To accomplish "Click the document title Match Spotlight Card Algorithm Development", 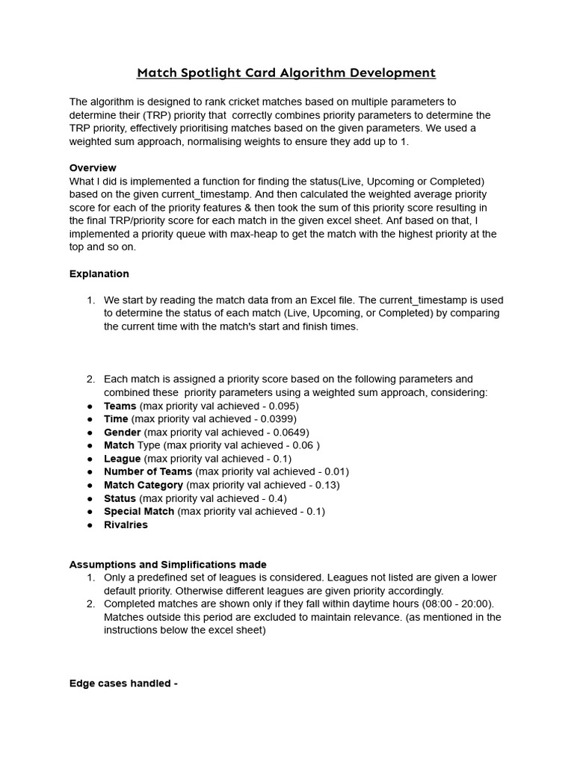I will (286, 72).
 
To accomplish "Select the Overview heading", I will (93, 167).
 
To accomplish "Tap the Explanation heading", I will (99, 273).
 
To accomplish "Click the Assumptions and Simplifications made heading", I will (167, 564).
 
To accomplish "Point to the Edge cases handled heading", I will (123, 683).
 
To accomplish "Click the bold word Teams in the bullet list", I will (120, 406).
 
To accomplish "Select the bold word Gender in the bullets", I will (122, 432).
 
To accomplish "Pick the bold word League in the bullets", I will (122, 458).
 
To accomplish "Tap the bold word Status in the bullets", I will (120, 498).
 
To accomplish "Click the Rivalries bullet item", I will (126, 524).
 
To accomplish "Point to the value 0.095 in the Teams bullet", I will (281, 406).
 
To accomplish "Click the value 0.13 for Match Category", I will (325, 485).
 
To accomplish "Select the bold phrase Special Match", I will (139, 511).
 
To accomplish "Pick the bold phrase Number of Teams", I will (148, 471).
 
